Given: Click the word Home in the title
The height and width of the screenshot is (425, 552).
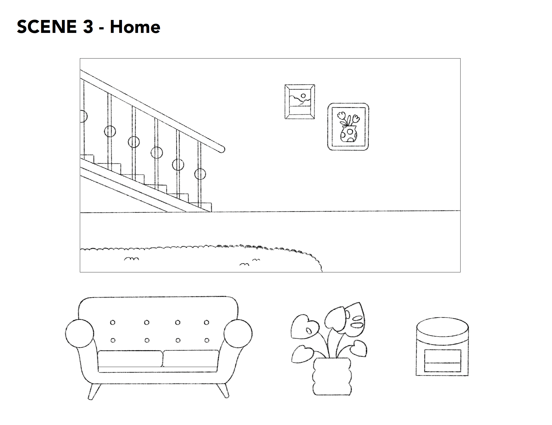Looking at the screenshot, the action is pyautogui.click(x=135, y=27).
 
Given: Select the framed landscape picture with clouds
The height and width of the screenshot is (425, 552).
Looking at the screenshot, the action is pyautogui.click(x=300, y=102).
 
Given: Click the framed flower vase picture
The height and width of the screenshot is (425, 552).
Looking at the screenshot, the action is pyautogui.click(x=348, y=127).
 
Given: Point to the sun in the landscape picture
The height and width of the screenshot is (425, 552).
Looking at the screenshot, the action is pyautogui.click(x=304, y=96).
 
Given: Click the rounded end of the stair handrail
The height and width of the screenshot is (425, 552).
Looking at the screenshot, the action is pyautogui.click(x=222, y=149).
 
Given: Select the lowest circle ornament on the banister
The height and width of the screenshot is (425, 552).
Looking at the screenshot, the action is pyautogui.click(x=200, y=174).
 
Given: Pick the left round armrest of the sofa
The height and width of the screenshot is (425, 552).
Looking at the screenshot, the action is pyautogui.click(x=80, y=333).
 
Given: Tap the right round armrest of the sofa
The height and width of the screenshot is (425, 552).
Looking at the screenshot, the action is pyautogui.click(x=238, y=333).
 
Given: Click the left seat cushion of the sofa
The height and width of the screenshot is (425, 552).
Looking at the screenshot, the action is pyautogui.click(x=130, y=359).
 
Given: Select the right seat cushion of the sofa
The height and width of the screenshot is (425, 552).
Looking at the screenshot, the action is pyautogui.click(x=191, y=359).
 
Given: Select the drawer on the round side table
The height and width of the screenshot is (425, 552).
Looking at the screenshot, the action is pyautogui.click(x=442, y=361).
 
